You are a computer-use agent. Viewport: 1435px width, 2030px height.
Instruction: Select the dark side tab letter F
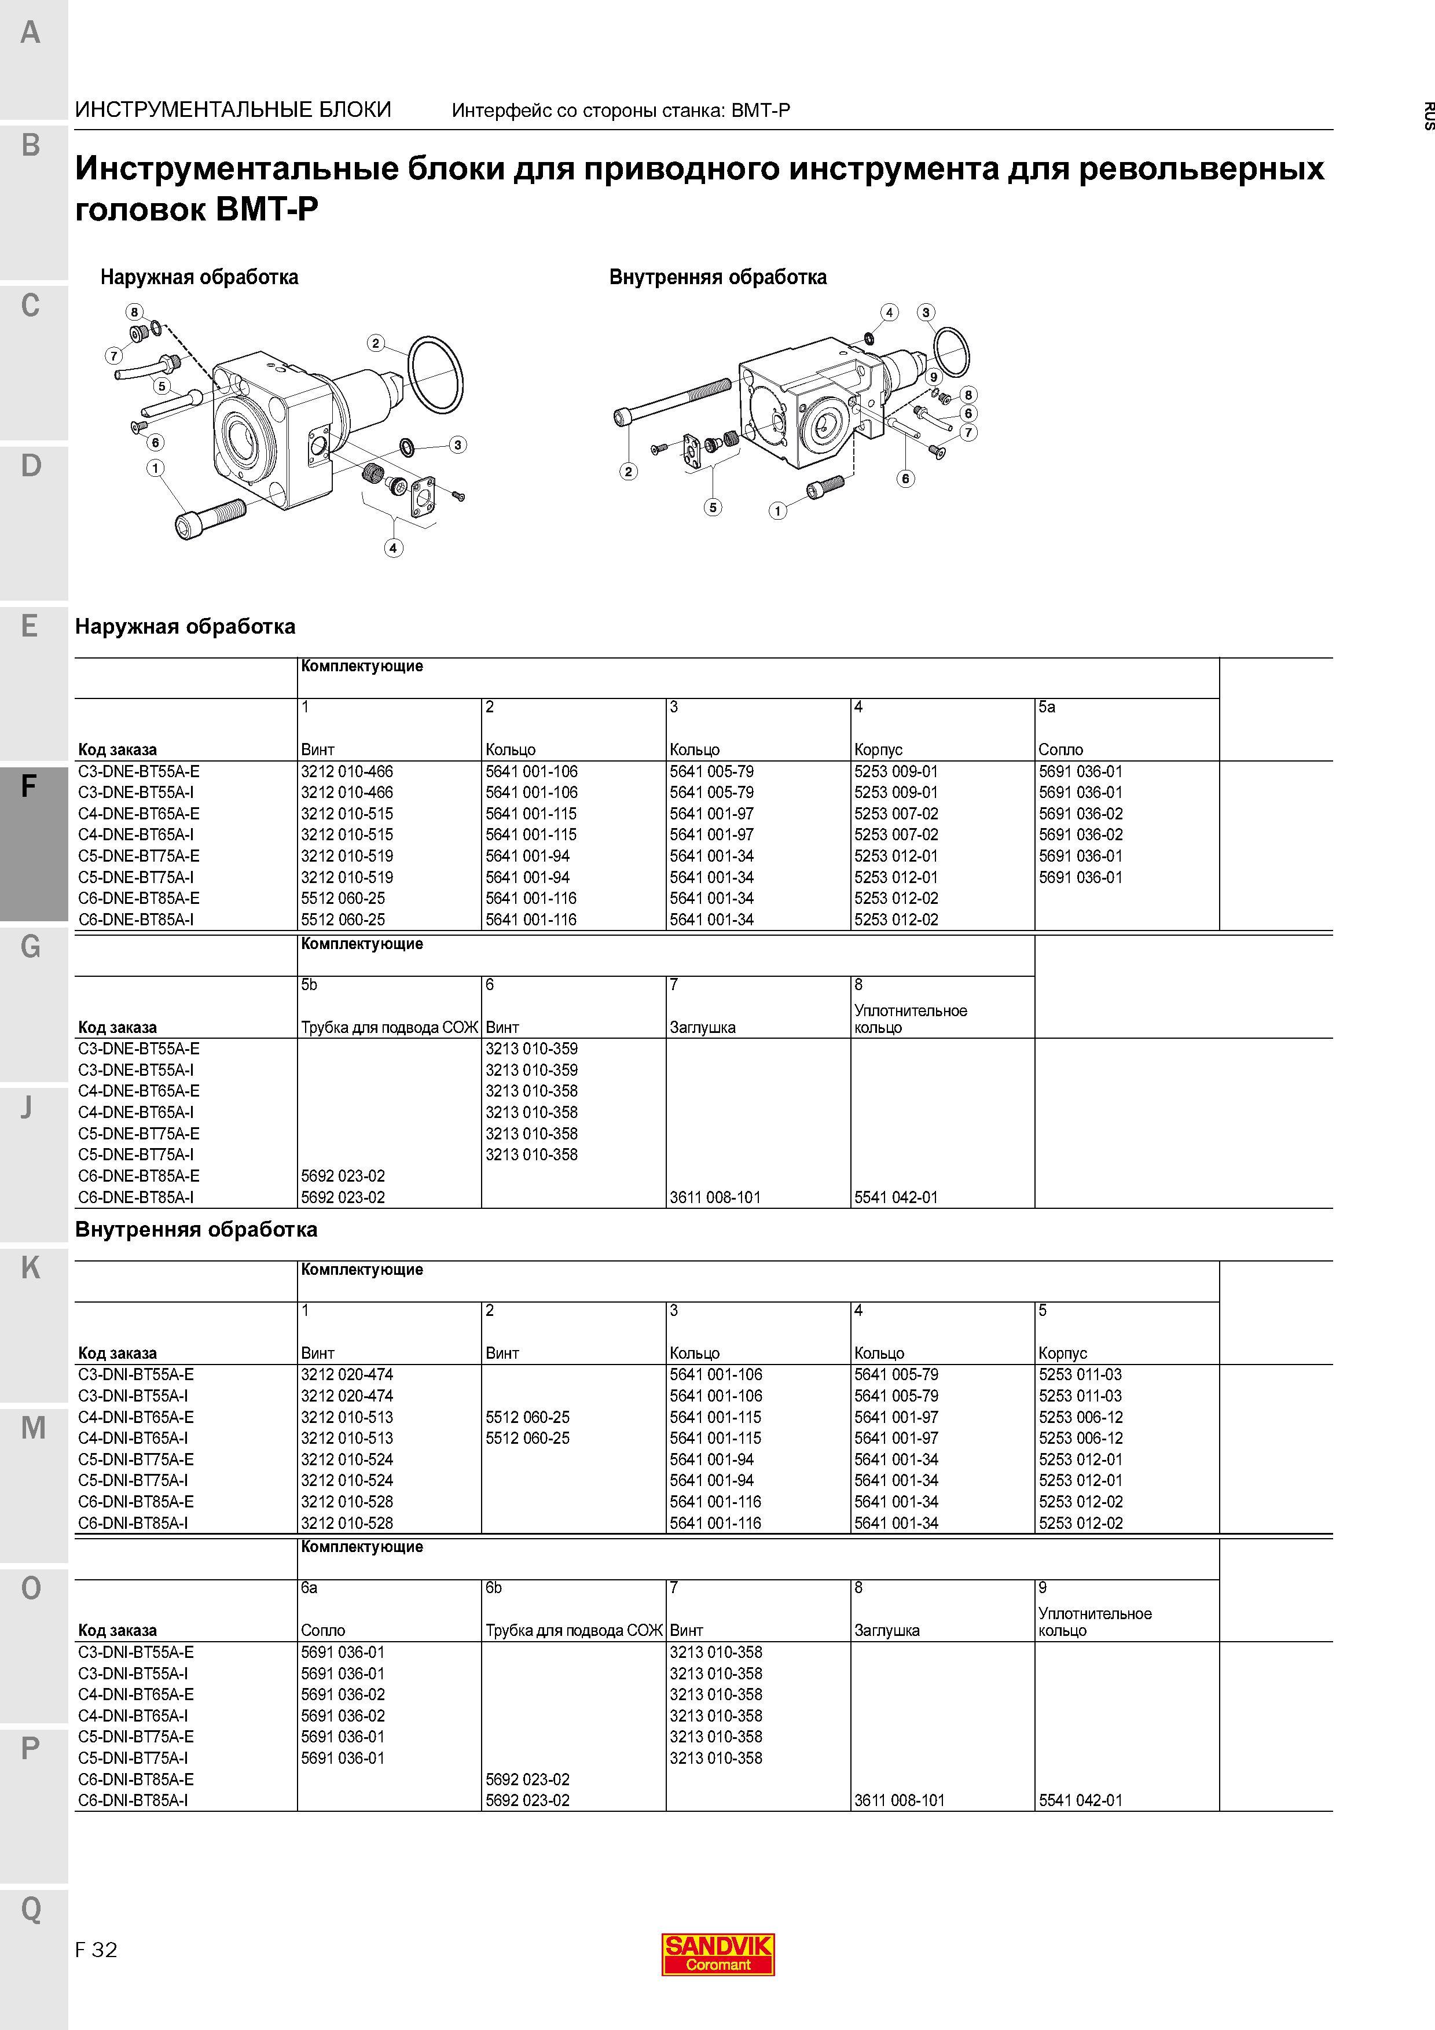[x=29, y=786]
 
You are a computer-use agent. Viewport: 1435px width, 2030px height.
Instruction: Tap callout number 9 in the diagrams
[x=933, y=377]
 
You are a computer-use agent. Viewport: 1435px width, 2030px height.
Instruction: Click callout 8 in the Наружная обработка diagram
[x=134, y=311]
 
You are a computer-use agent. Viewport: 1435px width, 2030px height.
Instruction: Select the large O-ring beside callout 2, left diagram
[x=436, y=374]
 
